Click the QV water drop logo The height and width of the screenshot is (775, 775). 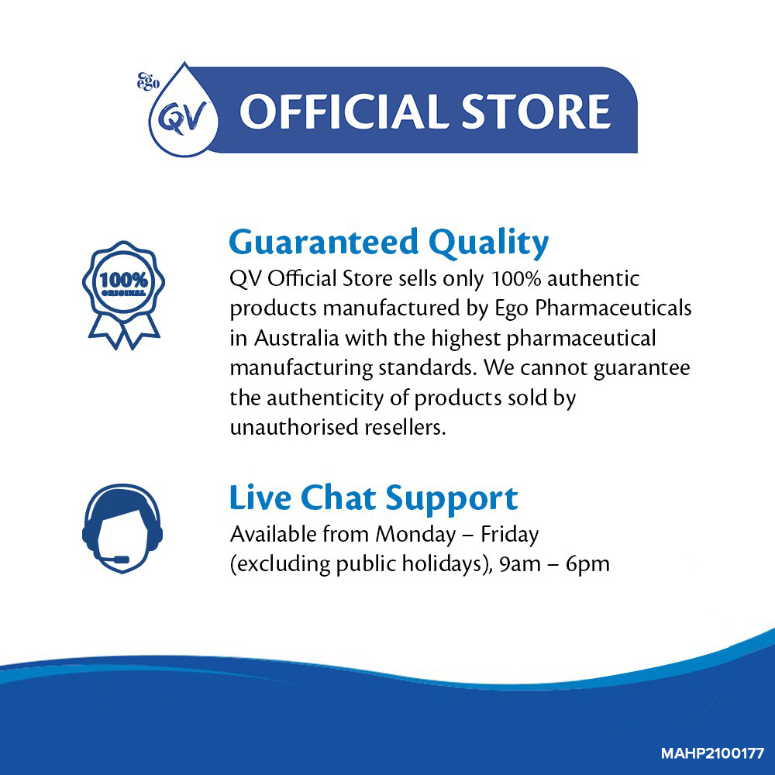(x=184, y=112)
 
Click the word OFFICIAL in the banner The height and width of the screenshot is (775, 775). (x=345, y=111)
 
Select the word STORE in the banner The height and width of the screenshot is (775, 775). (x=536, y=111)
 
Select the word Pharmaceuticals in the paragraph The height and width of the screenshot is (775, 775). (x=613, y=308)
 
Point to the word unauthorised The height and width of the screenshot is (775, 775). (x=294, y=427)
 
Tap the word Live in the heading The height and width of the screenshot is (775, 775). (x=260, y=498)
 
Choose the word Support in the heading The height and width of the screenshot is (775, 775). (x=452, y=499)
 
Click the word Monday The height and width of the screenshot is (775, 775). (x=415, y=535)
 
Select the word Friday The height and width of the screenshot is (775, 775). (x=510, y=535)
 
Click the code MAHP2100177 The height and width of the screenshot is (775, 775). (x=713, y=754)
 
